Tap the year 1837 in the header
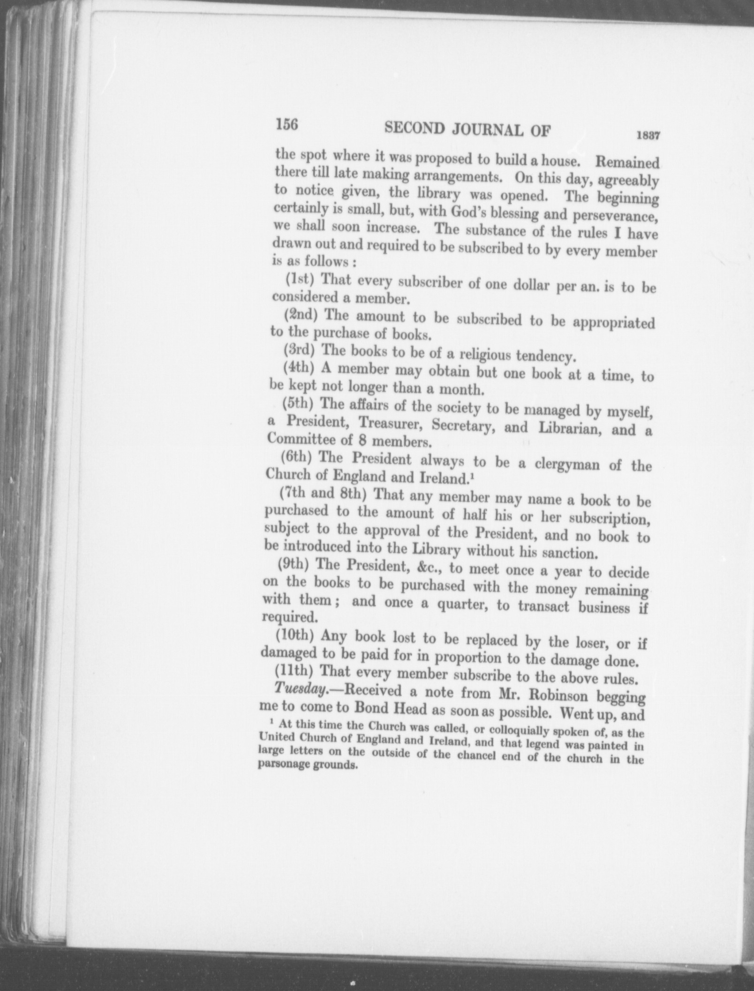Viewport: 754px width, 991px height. [648, 136]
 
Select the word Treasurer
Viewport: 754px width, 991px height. [392, 424]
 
